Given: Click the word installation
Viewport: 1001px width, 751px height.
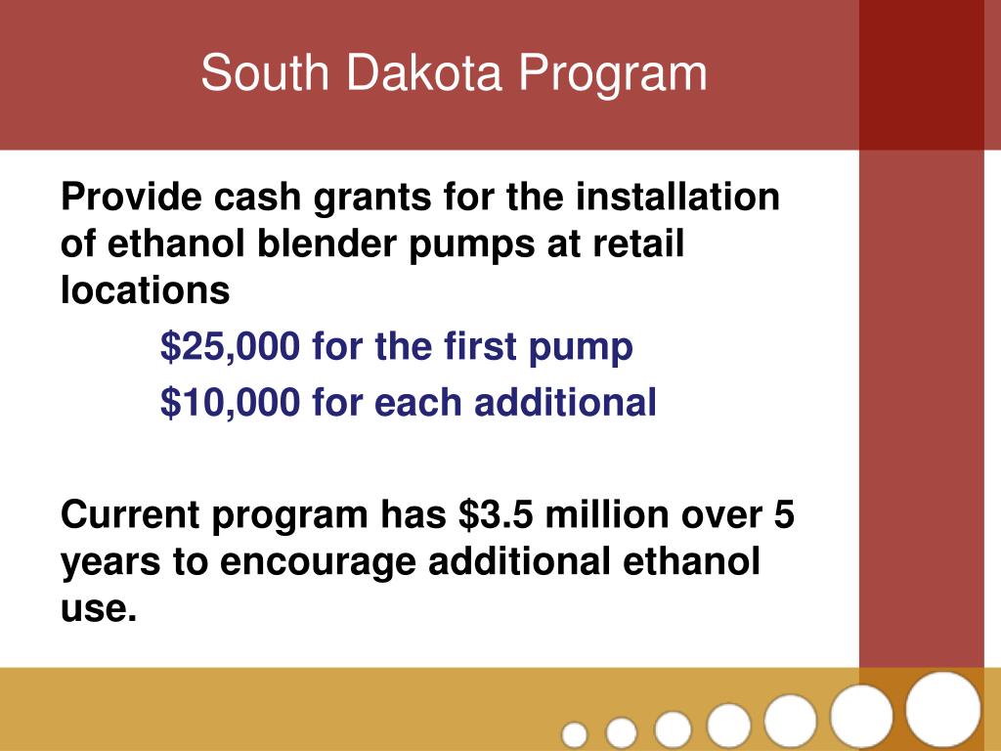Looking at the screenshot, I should [677, 199].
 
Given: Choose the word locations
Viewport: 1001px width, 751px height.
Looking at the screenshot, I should [145, 289].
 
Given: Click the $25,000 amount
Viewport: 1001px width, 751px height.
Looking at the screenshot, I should [231, 347].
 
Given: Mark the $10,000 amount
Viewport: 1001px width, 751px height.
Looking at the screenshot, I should [231, 402].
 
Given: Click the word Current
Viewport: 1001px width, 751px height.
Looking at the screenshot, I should [130, 514].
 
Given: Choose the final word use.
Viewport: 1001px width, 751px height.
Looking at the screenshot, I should [94, 609].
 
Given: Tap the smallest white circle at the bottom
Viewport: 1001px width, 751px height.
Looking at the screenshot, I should [576, 733].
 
